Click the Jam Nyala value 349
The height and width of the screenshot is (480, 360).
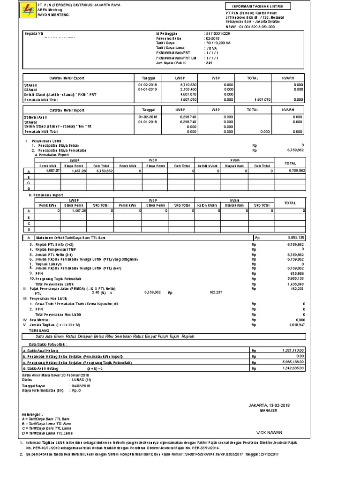tap(209, 62)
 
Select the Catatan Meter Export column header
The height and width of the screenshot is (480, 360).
tap(67, 78)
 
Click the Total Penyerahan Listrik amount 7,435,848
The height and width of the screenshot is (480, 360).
tap(297, 284)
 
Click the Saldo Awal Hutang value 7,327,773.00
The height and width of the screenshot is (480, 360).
tap(294, 350)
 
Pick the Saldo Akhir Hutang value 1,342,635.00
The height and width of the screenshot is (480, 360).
tap(294, 369)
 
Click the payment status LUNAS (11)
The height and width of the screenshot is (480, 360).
tap(81, 380)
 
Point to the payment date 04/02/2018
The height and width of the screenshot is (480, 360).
tap(82, 385)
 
